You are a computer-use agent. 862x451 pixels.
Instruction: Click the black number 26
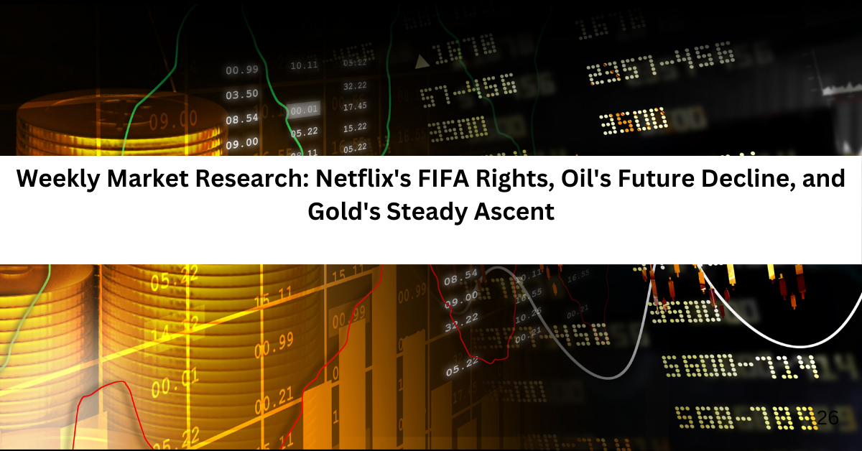(x=828, y=417)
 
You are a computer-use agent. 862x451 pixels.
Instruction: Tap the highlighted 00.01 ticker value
(x=304, y=111)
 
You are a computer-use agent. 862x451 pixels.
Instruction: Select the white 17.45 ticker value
(x=355, y=107)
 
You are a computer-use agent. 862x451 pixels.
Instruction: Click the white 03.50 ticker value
(x=241, y=95)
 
